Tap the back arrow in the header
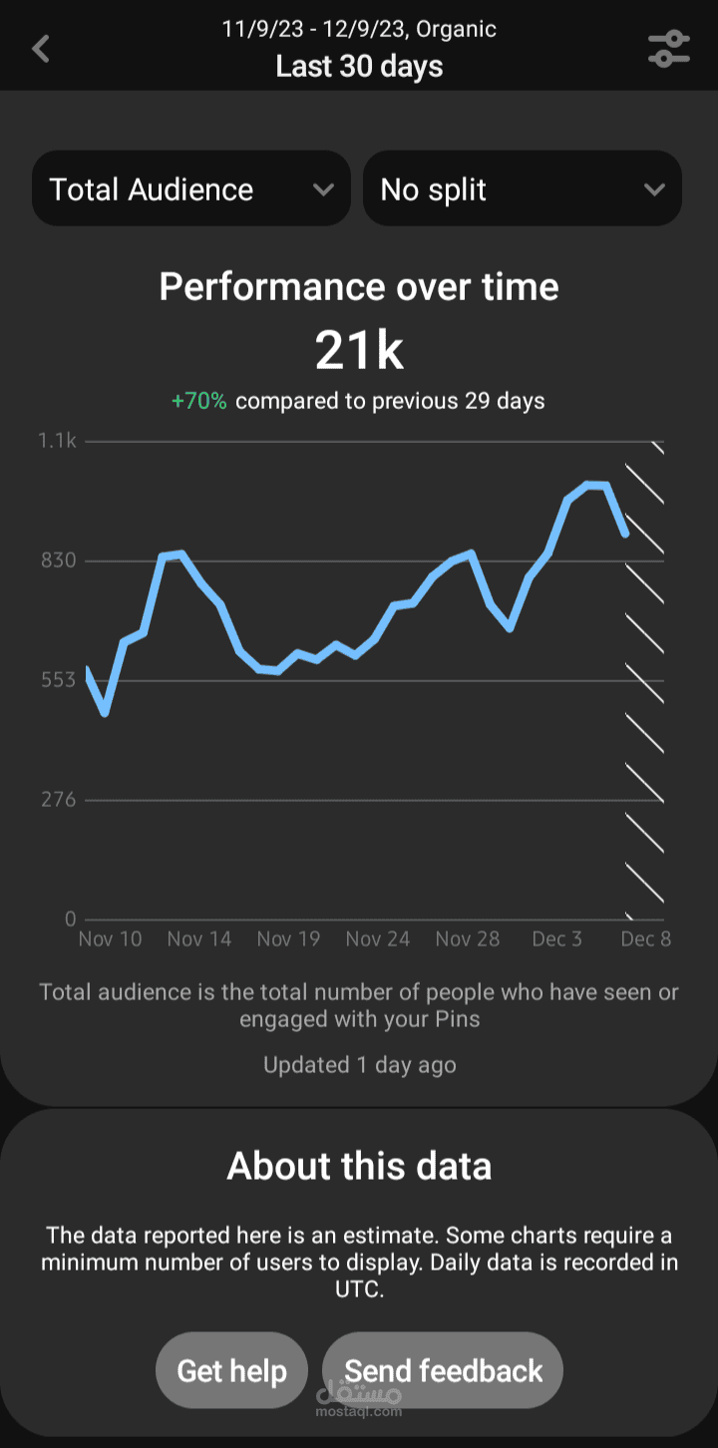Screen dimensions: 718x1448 tap(41, 49)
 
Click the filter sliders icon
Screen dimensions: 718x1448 tap(669, 49)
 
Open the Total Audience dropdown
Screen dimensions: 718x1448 tap(191, 188)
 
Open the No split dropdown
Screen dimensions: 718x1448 tap(523, 188)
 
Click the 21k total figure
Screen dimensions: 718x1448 tap(359, 350)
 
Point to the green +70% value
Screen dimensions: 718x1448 tap(199, 401)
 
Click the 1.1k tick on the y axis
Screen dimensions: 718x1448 tap(58, 441)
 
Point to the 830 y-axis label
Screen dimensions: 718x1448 tap(59, 559)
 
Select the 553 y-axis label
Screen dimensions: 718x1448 tap(59, 679)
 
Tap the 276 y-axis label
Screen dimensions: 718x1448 tap(59, 800)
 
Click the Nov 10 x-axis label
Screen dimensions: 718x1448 tap(110, 938)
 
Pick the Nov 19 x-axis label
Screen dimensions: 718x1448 tap(288, 938)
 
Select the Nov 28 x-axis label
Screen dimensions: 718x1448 tap(468, 938)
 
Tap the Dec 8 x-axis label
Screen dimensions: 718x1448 tap(645, 938)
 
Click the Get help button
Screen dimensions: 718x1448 tap(231, 1370)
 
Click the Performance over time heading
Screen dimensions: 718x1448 tap(359, 286)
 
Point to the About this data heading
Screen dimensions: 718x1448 tap(359, 1166)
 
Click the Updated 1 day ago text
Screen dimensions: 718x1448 tap(359, 1065)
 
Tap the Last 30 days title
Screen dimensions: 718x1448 tap(359, 67)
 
